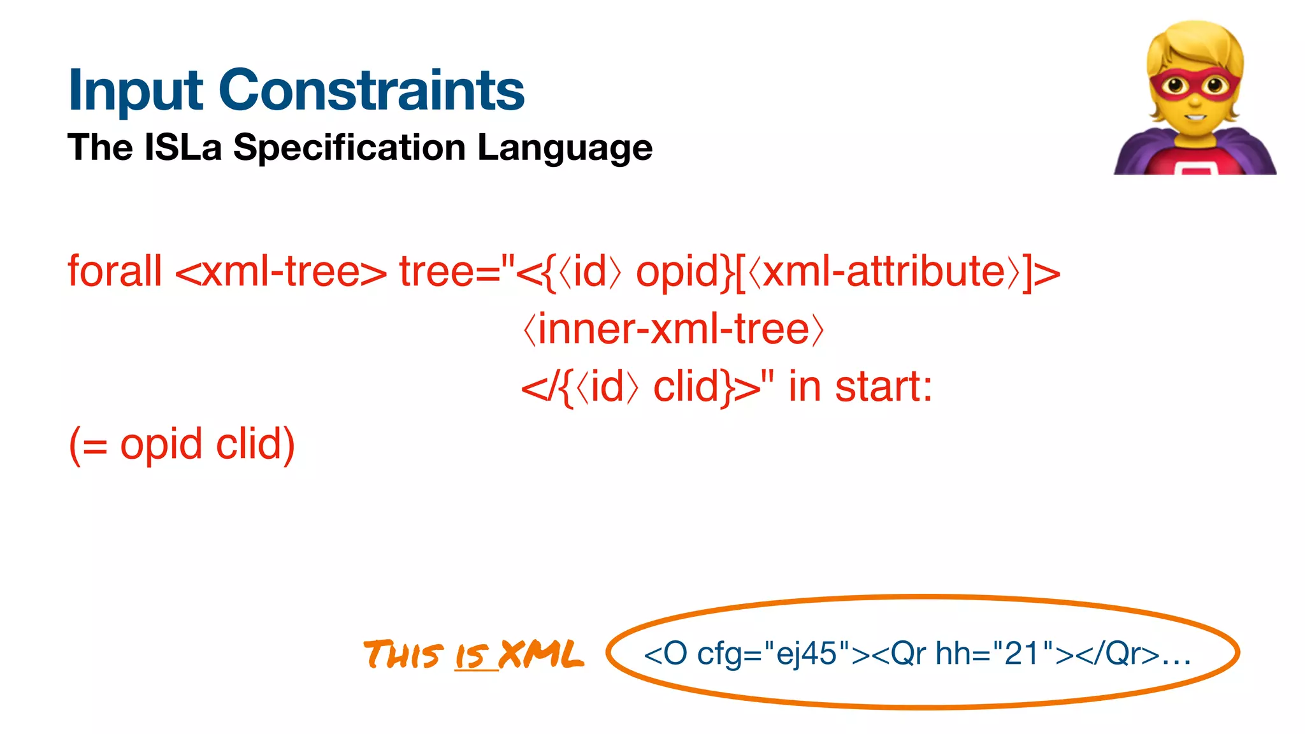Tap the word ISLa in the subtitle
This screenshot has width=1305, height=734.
(183, 147)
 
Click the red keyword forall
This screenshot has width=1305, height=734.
(115, 271)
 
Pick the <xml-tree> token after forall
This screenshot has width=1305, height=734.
(280, 272)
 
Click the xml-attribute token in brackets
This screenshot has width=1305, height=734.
(884, 272)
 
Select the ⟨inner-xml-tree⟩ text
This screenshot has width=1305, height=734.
(674, 329)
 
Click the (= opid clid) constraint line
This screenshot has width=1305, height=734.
(182, 444)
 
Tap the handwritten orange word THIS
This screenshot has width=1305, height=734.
(403, 655)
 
